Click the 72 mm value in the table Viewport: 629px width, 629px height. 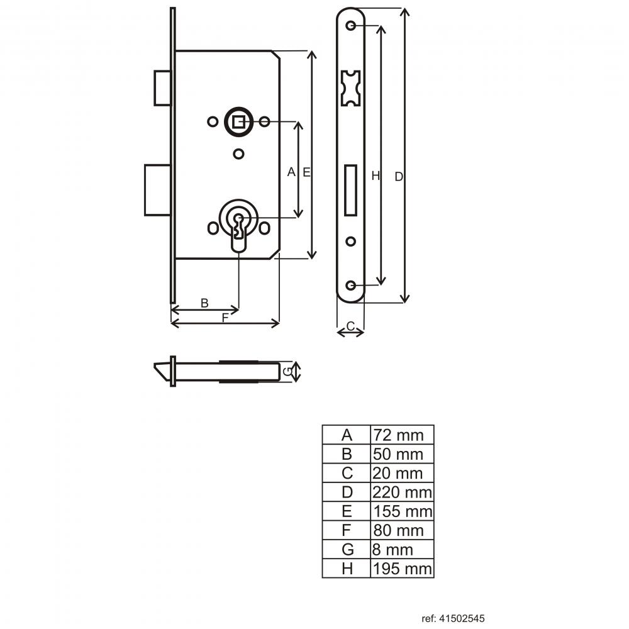[398, 435]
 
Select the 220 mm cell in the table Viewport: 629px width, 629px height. [402, 493]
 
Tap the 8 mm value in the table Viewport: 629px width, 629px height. [392, 550]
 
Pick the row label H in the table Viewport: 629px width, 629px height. [347, 569]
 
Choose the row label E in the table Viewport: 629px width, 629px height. [347, 511]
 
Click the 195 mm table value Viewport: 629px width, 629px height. [403, 569]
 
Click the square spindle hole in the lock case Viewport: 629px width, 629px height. [238, 121]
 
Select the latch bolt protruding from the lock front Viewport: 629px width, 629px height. [162, 88]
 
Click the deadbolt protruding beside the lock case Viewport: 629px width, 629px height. [158, 190]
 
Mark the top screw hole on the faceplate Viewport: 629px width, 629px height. [350, 26]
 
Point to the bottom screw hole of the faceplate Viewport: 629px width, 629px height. [350, 285]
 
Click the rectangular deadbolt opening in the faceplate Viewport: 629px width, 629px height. [350, 190]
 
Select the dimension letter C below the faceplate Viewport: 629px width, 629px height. [350, 326]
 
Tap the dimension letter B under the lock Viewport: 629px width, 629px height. [204, 303]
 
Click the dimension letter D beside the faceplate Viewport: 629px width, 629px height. [399, 177]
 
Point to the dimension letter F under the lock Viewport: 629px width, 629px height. [225, 318]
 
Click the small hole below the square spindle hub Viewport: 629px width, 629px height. [238, 154]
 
